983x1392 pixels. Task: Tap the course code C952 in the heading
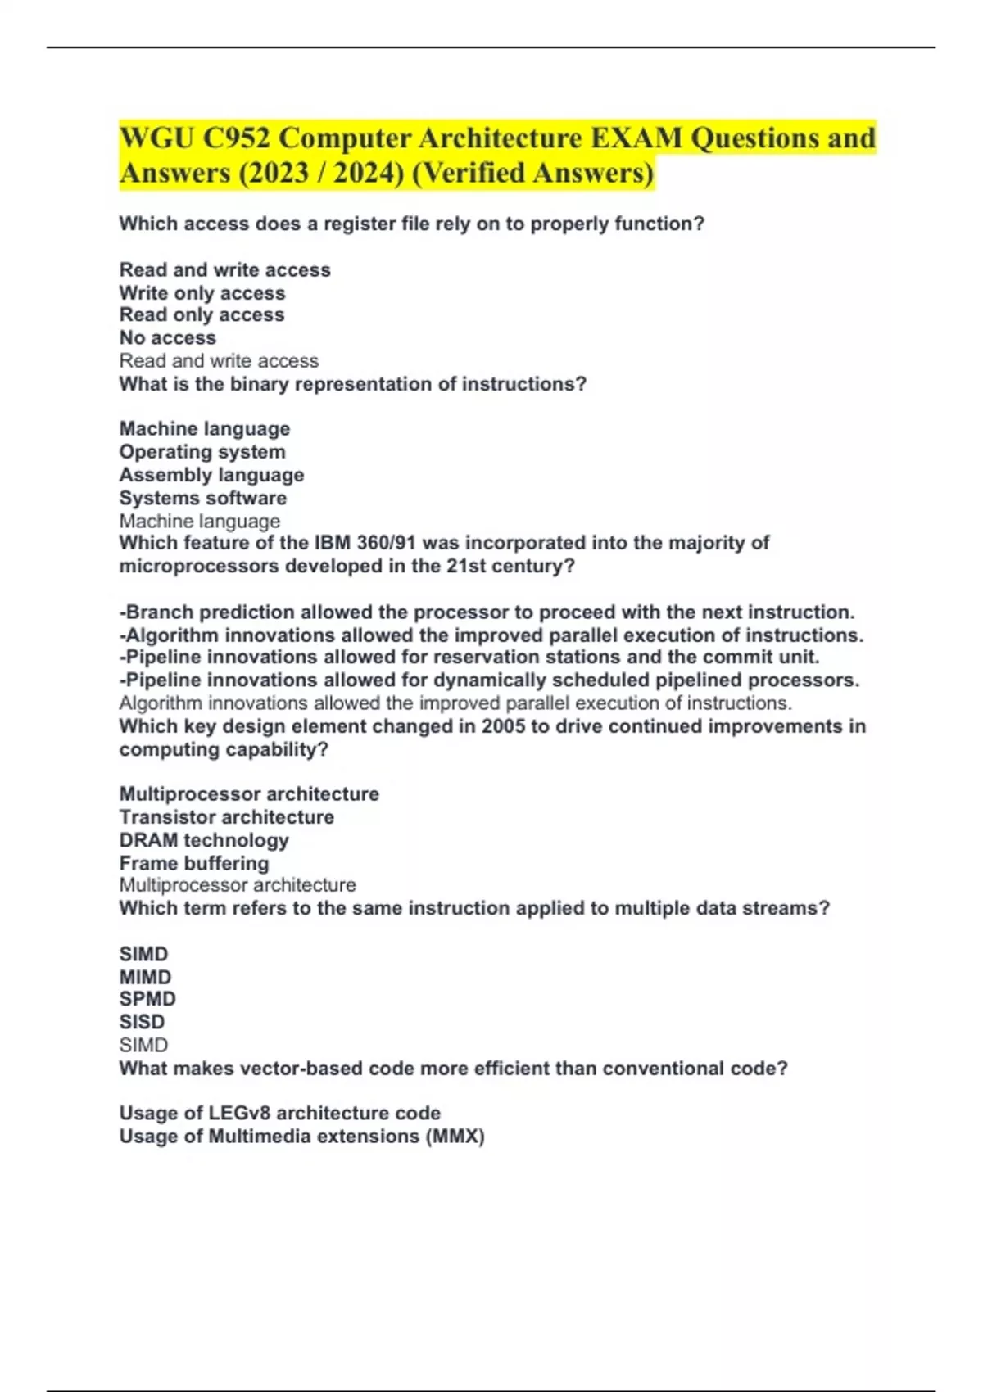pos(237,138)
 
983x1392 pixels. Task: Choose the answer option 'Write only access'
pos(202,293)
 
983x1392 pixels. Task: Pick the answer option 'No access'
pos(168,337)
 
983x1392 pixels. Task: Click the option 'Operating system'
pos(202,452)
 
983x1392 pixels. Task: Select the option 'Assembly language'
pos(211,475)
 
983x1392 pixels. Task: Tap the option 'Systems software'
pos(203,498)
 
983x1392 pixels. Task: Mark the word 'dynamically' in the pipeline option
pos(487,680)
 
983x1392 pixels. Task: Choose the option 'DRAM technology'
pos(204,840)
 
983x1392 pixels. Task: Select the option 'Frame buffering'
pos(194,863)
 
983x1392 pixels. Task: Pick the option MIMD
pos(145,977)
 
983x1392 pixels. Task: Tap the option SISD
pos(142,1022)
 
